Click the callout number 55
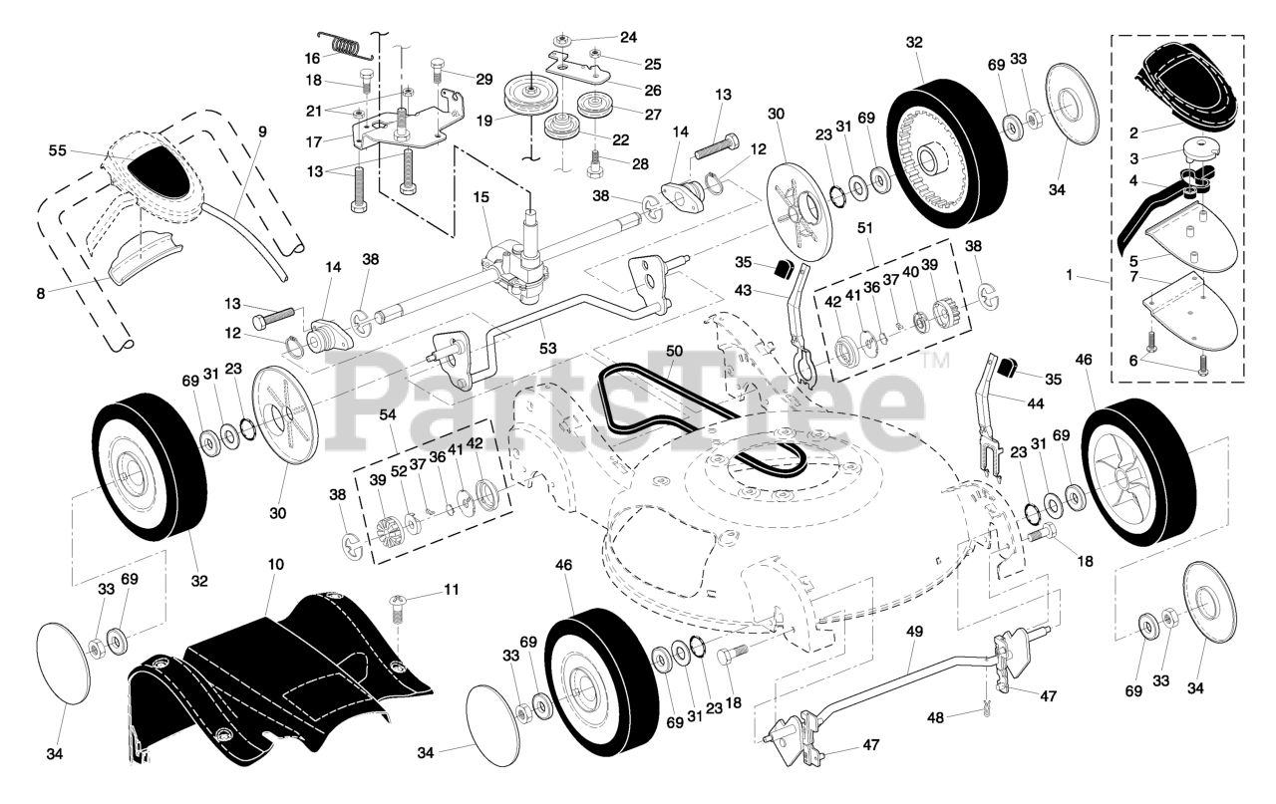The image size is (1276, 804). coord(56,151)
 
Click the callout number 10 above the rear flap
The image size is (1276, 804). coord(276,565)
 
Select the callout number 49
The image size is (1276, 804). coord(914,630)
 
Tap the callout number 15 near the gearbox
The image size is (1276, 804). coord(481,197)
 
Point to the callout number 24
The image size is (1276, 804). coord(627,37)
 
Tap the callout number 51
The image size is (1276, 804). coord(864,226)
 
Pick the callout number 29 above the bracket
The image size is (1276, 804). coord(483,78)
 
